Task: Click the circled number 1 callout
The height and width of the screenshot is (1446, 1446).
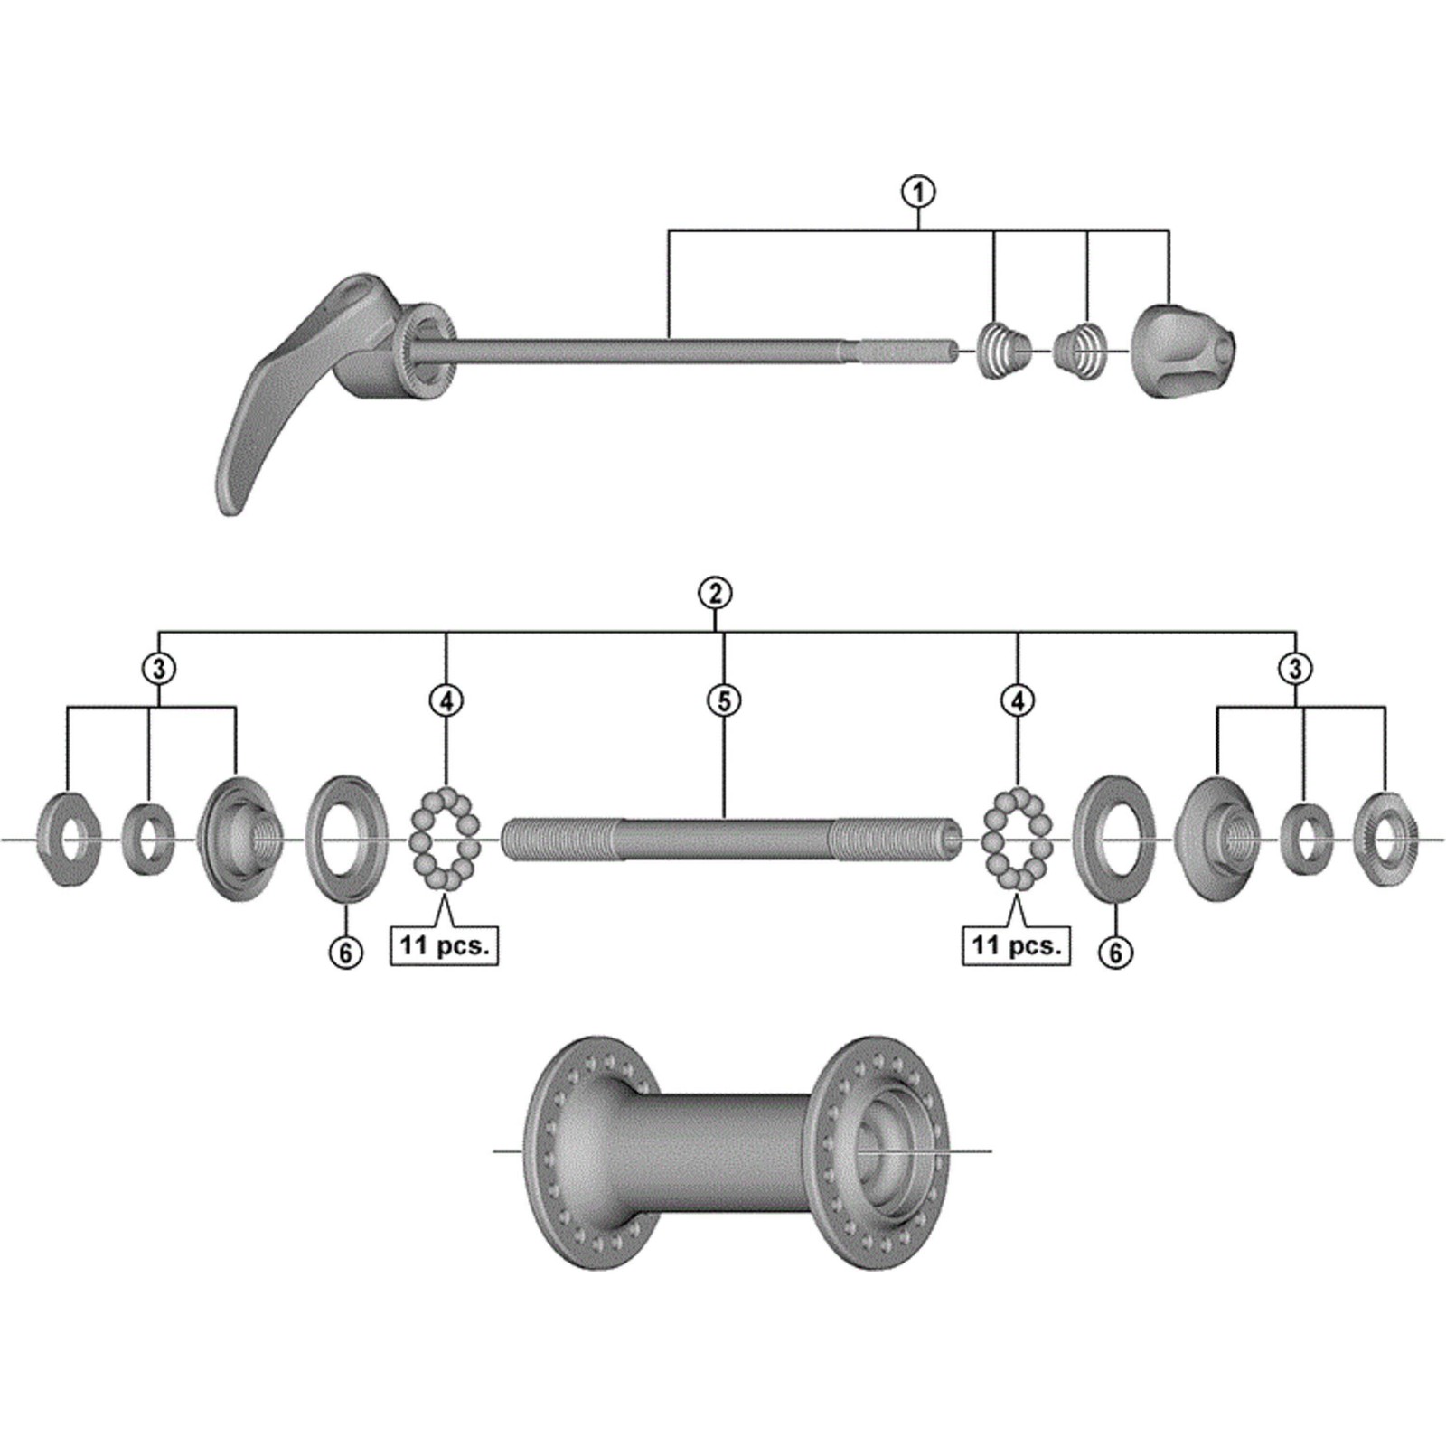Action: click(918, 192)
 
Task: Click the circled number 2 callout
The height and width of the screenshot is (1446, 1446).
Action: click(715, 593)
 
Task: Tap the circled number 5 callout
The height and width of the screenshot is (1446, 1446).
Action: click(724, 700)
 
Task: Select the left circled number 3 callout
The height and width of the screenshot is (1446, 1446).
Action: click(159, 669)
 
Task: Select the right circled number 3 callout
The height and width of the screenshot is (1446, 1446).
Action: click(1295, 669)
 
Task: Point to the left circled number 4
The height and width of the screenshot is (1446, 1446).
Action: click(446, 700)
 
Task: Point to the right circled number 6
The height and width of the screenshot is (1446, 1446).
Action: click(1115, 952)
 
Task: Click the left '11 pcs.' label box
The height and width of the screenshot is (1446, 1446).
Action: click(445, 945)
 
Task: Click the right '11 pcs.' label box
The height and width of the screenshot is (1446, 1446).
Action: click(1016, 945)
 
